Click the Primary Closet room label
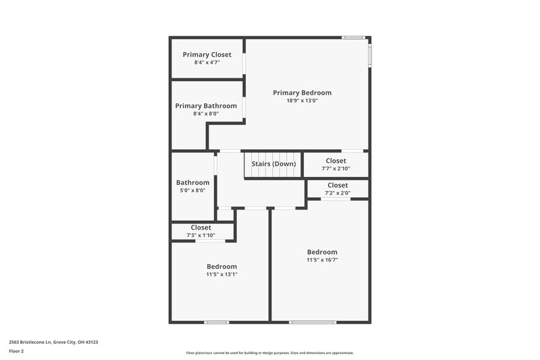click(207, 55)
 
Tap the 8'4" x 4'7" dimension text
click(207, 63)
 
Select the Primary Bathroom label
click(206, 106)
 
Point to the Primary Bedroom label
click(302, 93)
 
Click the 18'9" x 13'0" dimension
click(302, 101)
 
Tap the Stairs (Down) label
click(273, 163)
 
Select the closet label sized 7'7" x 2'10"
click(335, 161)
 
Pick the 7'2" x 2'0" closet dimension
click(337, 193)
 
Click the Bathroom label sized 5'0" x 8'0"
click(192, 182)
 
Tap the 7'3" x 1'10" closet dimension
click(200, 235)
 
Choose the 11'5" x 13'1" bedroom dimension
click(221, 274)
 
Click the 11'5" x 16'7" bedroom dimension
click(322, 260)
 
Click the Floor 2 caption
click(17, 352)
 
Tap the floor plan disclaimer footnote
click(269, 353)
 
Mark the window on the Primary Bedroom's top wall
click(353, 37)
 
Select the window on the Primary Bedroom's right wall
click(369, 55)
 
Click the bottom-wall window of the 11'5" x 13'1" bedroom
click(216, 322)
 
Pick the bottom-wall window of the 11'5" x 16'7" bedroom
click(313, 322)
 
